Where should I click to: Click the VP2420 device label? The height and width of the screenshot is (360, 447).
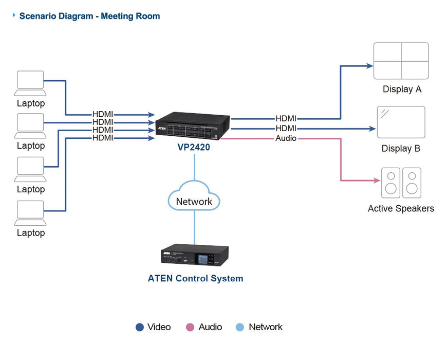[x=194, y=147]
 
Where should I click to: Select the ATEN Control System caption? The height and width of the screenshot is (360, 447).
[x=195, y=278]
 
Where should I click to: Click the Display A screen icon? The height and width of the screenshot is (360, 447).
[x=401, y=61]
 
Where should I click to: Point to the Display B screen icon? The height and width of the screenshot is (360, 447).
[x=401, y=122]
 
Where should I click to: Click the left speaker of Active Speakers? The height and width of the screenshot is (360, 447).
[x=390, y=183]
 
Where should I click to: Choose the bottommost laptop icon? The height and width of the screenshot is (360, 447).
[x=30, y=213]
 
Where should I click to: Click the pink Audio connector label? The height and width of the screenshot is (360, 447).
[x=286, y=138]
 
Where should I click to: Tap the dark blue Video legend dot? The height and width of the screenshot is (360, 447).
[x=139, y=327]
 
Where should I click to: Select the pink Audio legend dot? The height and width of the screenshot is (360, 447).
[x=190, y=327]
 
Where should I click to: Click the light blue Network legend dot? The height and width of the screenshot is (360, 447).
[x=240, y=327]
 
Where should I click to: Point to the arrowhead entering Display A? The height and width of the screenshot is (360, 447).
[x=369, y=66]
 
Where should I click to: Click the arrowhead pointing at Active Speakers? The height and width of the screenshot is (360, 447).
[x=377, y=181]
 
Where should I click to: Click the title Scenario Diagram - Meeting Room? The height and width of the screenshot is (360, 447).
[x=89, y=16]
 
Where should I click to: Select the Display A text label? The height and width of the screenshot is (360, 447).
[x=402, y=89]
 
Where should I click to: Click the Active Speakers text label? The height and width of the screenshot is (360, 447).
[x=401, y=208]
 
